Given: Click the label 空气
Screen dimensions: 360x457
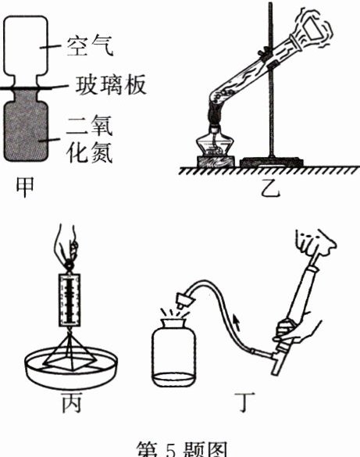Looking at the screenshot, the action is click(x=89, y=46).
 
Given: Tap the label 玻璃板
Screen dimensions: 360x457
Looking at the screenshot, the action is click(x=111, y=85).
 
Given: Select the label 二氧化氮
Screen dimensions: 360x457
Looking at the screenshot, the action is click(x=90, y=138).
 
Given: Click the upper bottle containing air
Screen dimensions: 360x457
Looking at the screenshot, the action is click(x=25, y=51).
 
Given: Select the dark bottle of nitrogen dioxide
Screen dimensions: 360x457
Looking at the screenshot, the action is click(x=26, y=125).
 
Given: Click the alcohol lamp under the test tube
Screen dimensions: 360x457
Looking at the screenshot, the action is click(x=216, y=142).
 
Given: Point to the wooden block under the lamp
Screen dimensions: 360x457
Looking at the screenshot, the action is click(x=216, y=161).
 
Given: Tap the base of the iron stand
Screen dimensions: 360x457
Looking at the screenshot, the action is click(x=272, y=162).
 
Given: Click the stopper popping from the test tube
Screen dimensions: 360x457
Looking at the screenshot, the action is click(x=315, y=27).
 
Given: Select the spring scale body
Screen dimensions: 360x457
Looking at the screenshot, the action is click(x=70, y=300).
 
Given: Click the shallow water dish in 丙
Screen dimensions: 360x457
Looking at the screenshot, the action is click(x=71, y=368).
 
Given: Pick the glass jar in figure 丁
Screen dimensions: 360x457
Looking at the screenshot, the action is click(x=174, y=353).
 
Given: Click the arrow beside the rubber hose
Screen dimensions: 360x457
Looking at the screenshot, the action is click(x=237, y=323).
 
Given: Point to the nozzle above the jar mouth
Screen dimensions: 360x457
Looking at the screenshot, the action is click(x=184, y=301).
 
